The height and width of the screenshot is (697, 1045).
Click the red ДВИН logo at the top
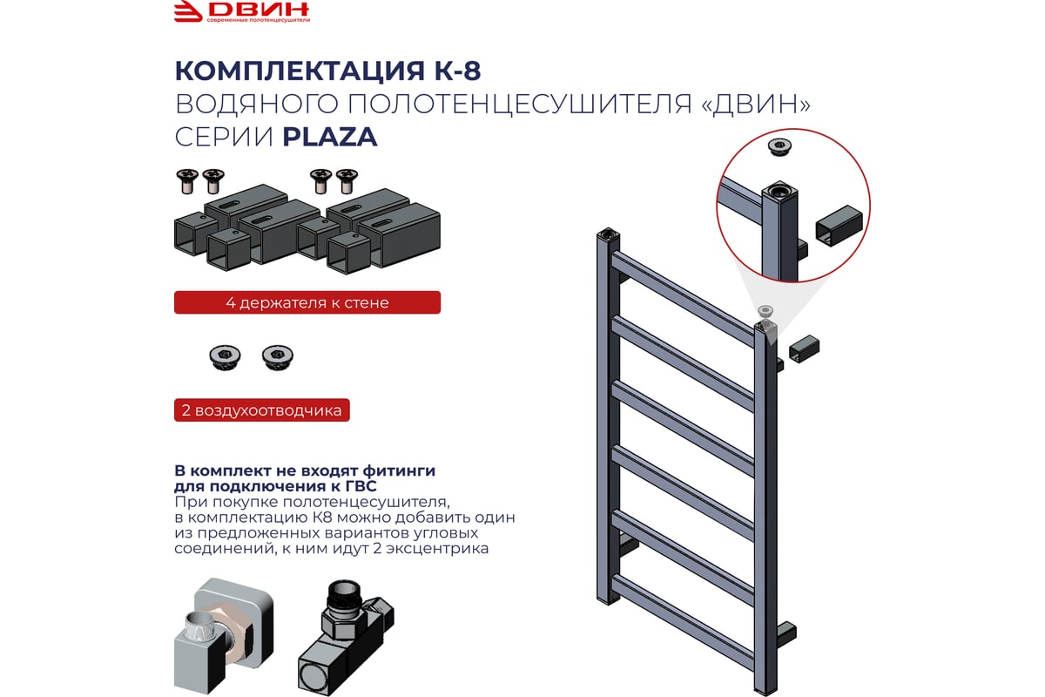242,11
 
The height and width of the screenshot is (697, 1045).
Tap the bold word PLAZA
330,137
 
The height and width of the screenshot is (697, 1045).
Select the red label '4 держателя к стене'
307,302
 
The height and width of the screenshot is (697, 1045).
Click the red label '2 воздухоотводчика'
262,409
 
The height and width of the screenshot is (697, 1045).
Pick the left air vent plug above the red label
225,357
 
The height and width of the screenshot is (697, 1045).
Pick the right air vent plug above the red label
278,357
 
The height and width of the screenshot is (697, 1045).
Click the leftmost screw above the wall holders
187,181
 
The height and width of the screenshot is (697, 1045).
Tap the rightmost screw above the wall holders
347,181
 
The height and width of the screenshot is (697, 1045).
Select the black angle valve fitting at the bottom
345,637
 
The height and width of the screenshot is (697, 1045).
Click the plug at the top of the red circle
779,147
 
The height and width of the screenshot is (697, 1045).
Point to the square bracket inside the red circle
839,226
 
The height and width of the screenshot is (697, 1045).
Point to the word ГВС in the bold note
361,486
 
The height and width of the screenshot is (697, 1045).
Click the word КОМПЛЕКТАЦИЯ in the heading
300,71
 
